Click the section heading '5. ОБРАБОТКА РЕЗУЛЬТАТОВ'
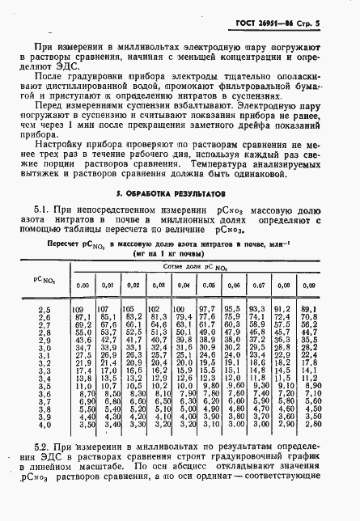[180, 195]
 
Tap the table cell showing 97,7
[207, 309]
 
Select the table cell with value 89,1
[308, 309]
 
